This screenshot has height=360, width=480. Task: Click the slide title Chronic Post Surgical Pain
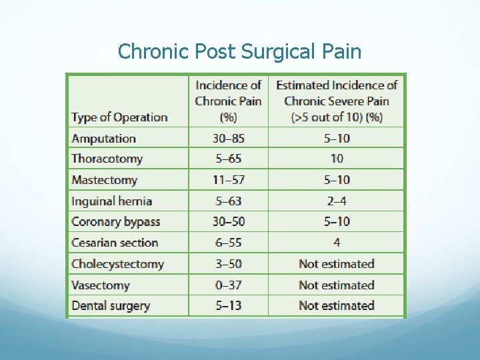click(x=239, y=51)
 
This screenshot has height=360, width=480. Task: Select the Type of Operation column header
click(x=119, y=117)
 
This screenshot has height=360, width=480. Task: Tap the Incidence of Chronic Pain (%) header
click(x=228, y=101)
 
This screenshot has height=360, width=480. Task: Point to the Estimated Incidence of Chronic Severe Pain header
click(x=337, y=101)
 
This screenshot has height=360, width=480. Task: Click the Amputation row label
click(x=103, y=139)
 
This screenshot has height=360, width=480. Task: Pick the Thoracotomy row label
click(x=107, y=159)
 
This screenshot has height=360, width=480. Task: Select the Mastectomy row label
click(x=104, y=180)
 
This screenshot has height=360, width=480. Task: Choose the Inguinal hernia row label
click(x=111, y=201)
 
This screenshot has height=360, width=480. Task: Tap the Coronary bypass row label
click(x=115, y=222)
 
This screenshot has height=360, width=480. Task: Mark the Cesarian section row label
click(x=115, y=243)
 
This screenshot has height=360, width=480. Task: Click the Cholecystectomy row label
click(x=117, y=264)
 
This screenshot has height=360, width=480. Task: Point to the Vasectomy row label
click(x=100, y=285)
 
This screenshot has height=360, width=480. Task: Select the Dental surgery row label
click(x=111, y=306)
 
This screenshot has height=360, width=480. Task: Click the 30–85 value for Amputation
click(x=228, y=139)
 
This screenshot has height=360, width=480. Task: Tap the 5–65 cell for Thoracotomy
click(x=228, y=159)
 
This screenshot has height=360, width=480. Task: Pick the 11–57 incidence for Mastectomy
click(x=228, y=180)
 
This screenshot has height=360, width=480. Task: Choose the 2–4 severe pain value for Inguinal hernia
click(x=337, y=201)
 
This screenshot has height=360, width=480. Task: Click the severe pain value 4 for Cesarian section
click(x=337, y=243)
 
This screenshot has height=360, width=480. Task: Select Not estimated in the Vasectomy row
click(x=337, y=285)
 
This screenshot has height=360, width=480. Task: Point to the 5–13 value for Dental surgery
click(x=228, y=306)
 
